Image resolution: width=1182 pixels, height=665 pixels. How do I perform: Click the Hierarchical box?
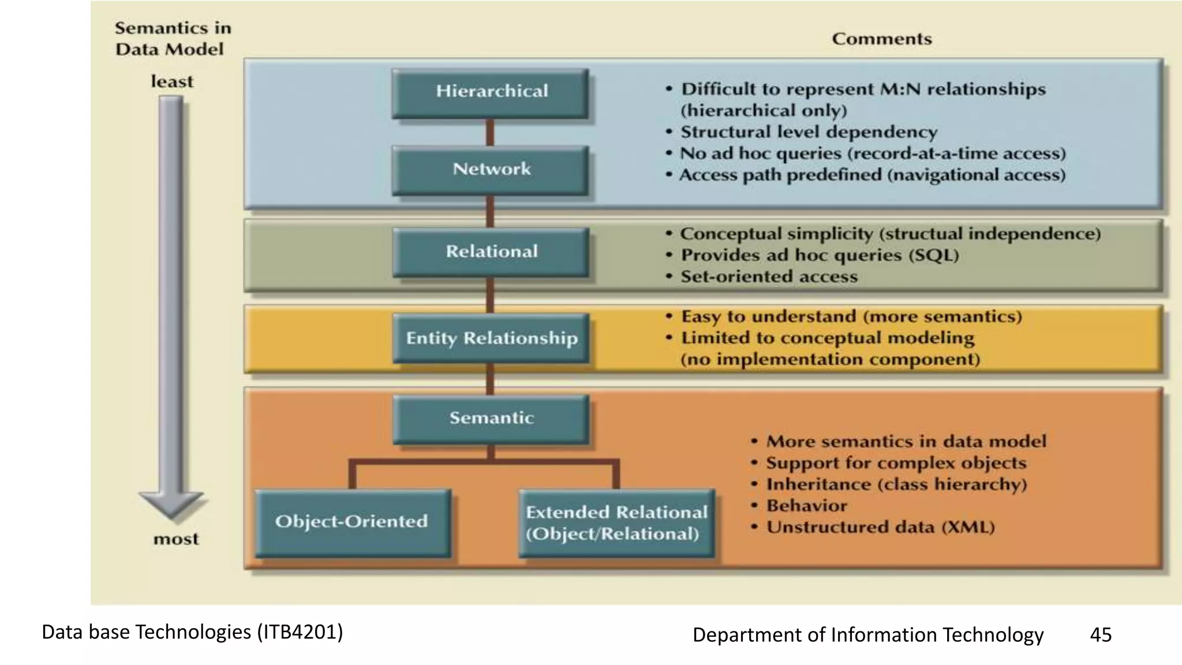click(491, 93)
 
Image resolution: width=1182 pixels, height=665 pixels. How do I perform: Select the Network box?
click(491, 170)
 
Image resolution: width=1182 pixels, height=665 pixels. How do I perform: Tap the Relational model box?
click(491, 252)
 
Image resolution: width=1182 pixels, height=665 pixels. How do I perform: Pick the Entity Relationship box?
click(491, 338)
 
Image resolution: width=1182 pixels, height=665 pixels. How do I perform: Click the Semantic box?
click(491, 419)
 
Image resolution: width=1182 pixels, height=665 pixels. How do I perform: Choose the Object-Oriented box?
click(352, 522)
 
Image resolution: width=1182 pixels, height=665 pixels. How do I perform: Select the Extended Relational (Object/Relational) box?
click(616, 523)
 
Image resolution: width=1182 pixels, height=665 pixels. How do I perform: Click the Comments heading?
click(881, 39)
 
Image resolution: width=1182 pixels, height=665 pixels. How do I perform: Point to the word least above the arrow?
click(172, 82)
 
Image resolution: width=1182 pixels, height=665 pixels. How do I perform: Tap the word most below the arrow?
click(175, 539)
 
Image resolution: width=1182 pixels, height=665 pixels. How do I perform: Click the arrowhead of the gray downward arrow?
click(171, 503)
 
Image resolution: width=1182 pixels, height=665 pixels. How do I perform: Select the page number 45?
click(1100, 634)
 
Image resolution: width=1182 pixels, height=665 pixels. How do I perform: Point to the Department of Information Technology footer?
click(867, 634)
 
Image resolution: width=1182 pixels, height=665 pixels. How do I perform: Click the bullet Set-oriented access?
click(769, 277)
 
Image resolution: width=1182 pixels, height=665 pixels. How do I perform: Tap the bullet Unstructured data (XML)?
click(880, 527)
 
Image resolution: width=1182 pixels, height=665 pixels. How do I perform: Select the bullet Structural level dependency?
click(809, 132)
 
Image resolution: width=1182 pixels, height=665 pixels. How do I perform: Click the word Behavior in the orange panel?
click(806, 506)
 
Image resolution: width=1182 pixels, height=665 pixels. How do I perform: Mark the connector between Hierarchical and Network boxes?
click(490, 132)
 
